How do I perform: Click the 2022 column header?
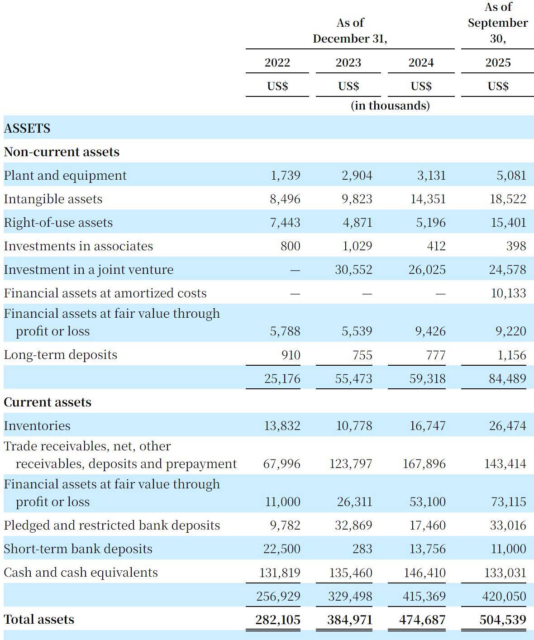[x=277, y=62]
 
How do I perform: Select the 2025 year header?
[x=498, y=62]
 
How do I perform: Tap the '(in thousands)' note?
[x=390, y=105]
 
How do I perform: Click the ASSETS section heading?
[x=27, y=129]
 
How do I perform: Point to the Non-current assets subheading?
[x=62, y=152]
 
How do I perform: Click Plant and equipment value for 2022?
[x=285, y=176]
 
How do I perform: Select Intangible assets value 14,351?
[x=428, y=199]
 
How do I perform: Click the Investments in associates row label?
[x=78, y=246]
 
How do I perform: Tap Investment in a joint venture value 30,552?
[x=353, y=270]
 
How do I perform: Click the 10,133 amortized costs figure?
[x=508, y=293]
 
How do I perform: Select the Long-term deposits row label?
[x=60, y=355]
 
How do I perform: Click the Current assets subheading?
[x=48, y=402]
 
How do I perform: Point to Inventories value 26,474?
[x=507, y=426]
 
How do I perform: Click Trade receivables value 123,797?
[x=351, y=464]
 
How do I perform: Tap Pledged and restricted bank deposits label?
[x=112, y=525]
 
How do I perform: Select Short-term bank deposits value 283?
[x=362, y=549]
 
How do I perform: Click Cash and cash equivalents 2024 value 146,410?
[x=424, y=573]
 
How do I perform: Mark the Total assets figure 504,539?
[x=502, y=620]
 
